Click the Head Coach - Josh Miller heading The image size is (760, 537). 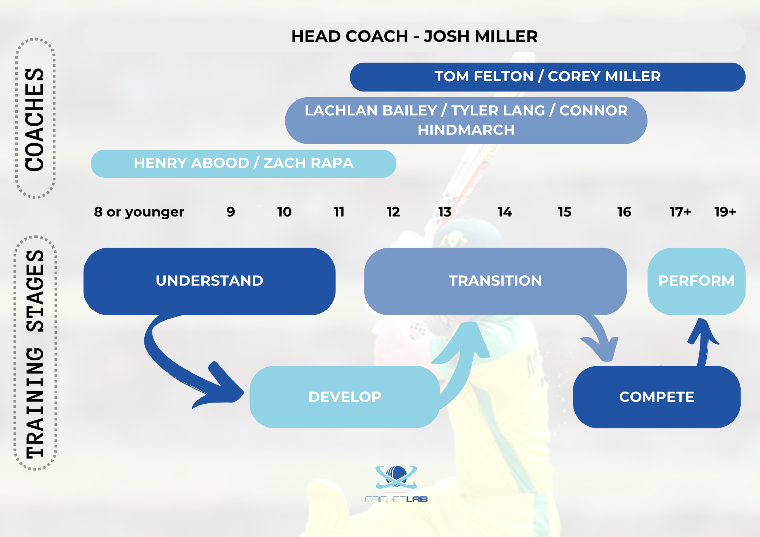coord(414,36)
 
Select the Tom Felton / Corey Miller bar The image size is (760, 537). coord(548,77)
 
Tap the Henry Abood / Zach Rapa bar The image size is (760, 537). coord(244,163)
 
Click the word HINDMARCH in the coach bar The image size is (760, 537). coord(466,130)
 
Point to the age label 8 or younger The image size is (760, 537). coord(139,212)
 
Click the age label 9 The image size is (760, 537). coord(231,212)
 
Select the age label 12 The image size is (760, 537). coord(393,212)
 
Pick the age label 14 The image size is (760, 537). coord(505,212)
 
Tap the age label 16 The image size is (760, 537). coord(624,212)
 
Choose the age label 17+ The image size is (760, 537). coord(680,212)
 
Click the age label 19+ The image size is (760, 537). coord(725,212)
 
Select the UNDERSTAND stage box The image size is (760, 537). coord(209,281)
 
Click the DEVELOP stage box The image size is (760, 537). coord(345,397)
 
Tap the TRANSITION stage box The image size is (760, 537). coord(496,281)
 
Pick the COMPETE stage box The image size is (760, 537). coord(657,397)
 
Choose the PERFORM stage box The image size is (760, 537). coord(697,281)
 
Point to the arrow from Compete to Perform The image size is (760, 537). coord(703,342)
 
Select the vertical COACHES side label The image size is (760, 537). coord(35,119)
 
